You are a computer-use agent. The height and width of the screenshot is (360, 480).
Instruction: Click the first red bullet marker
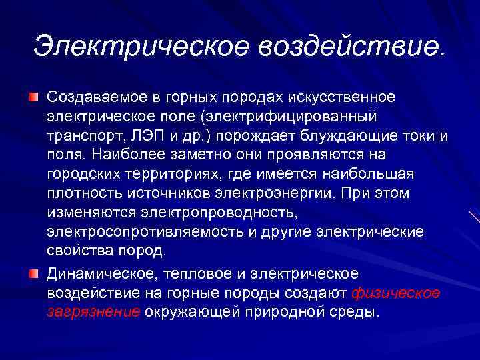tap(33, 98)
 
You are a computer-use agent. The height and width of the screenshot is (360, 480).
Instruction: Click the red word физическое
tap(395, 293)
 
